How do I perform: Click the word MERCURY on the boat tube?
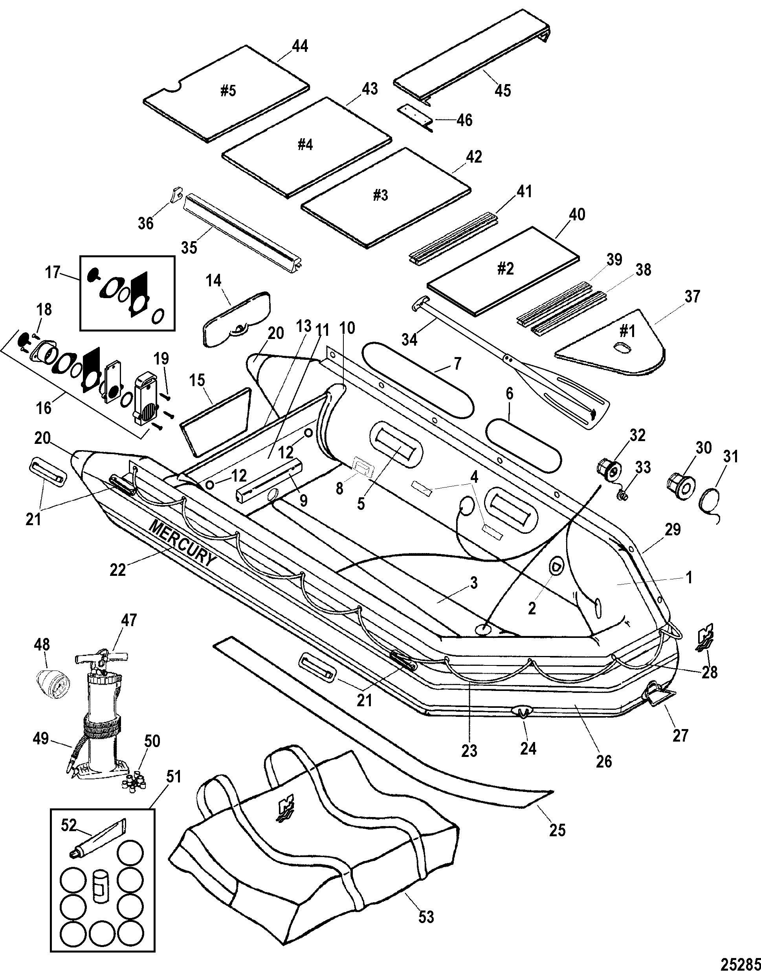(x=183, y=543)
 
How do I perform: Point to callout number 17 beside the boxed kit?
(x=53, y=272)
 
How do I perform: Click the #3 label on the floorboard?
(x=380, y=196)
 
